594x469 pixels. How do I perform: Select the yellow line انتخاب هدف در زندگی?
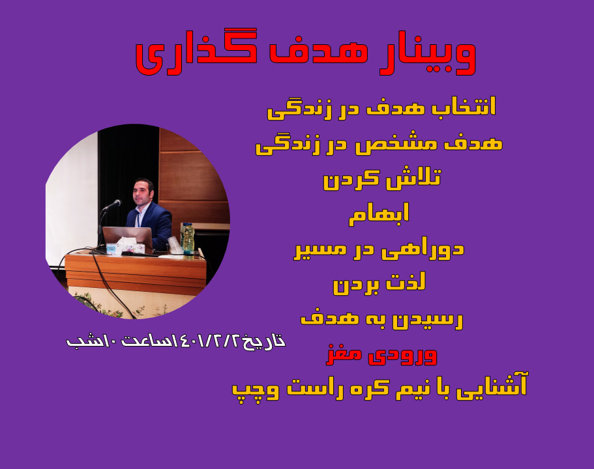pos(381,107)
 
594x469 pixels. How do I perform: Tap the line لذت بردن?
pos(379,284)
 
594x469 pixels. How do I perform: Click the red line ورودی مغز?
pos(381,355)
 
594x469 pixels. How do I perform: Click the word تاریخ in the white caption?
pos(265,341)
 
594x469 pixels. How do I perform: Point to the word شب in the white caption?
pos(82,341)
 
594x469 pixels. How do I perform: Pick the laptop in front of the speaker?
pos(127,237)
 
